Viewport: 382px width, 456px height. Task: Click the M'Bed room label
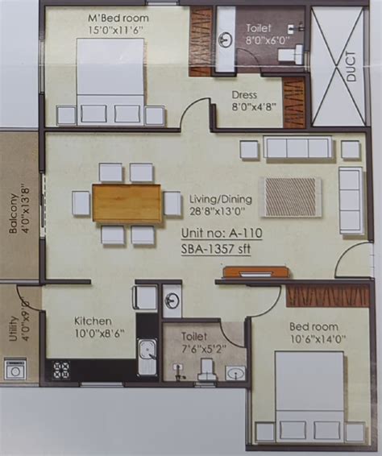(x=118, y=19)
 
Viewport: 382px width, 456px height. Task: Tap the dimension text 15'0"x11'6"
(x=116, y=30)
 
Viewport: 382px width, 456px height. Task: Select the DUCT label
(x=351, y=67)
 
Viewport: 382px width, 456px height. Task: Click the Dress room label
(x=244, y=95)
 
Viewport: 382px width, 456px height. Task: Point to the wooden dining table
(x=127, y=202)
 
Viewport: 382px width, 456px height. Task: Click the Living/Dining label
(x=221, y=199)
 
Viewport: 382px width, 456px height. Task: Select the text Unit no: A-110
(x=222, y=233)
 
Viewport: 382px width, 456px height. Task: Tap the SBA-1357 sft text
(x=216, y=249)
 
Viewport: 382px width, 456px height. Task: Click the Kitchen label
(x=93, y=321)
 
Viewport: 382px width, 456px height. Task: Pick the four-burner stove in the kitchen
(x=62, y=370)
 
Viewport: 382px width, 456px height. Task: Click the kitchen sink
(x=147, y=357)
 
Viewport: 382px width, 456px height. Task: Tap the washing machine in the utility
(x=14, y=370)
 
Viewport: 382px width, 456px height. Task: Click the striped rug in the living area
(x=291, y=197)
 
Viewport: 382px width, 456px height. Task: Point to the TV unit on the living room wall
(x=256, y=272)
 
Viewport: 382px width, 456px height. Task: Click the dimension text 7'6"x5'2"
(x=202, y=348)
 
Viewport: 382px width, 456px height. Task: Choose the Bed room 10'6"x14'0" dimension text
(x=317, y=339)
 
